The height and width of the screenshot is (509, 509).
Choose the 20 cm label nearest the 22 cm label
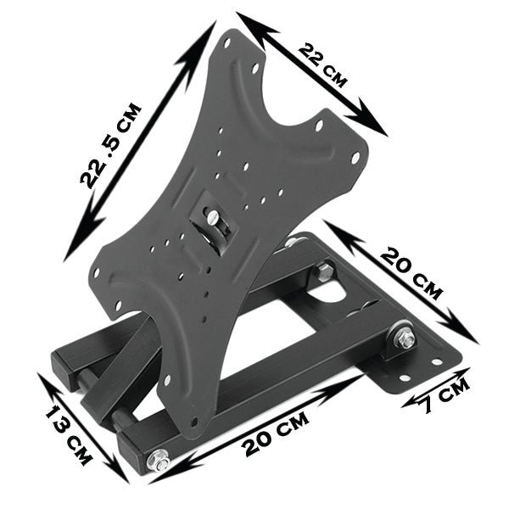[x=411, y=272]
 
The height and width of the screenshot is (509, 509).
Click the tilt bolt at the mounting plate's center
[x=213, y=221]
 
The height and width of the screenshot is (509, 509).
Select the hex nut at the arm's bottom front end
[x=158, y=462]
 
